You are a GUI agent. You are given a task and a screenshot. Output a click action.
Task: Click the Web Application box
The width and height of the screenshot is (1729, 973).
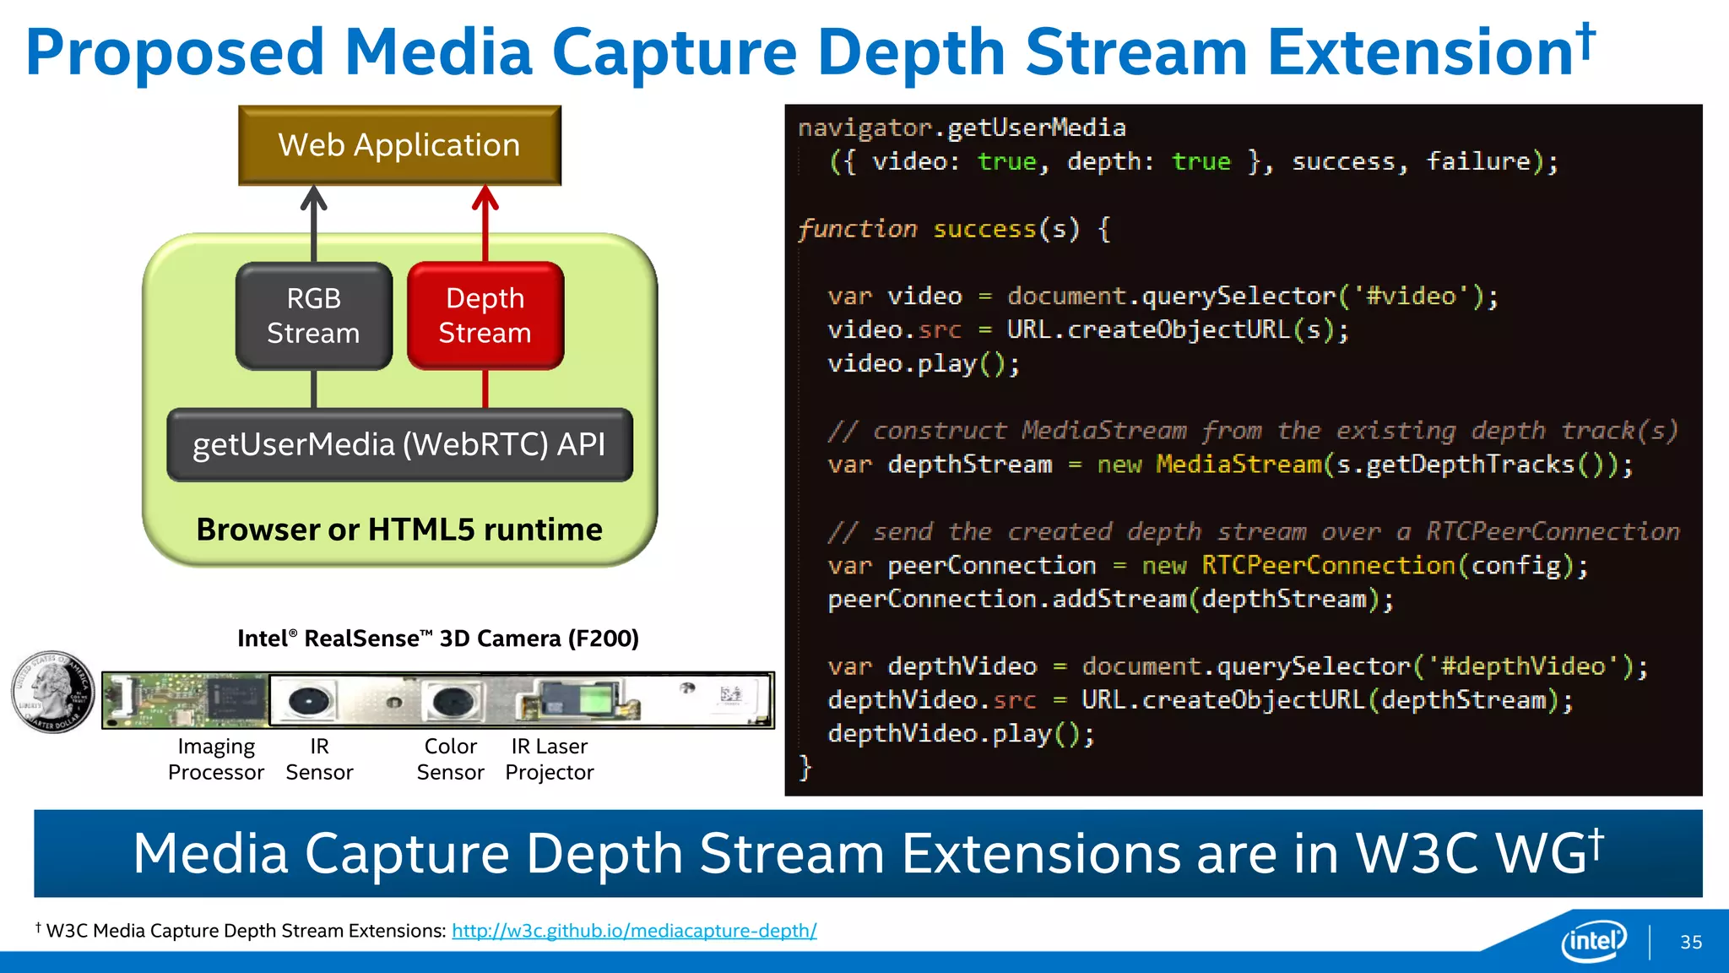399,145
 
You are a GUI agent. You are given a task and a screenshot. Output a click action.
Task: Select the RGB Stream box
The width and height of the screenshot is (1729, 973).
313,316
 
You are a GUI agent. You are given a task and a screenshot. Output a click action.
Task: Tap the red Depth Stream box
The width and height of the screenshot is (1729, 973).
485,316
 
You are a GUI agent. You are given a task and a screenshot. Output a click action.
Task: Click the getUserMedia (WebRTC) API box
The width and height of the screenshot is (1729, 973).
399,444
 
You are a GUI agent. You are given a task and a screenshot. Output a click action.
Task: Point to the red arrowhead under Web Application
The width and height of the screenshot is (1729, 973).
485,198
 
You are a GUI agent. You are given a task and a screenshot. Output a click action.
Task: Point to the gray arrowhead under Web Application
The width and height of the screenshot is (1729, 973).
314,198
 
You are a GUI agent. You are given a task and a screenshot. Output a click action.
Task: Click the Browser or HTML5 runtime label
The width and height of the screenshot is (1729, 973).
399,530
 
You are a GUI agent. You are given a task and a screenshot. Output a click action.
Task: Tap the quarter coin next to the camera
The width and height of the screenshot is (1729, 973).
53,691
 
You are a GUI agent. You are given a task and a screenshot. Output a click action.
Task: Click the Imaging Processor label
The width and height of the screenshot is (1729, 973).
216,759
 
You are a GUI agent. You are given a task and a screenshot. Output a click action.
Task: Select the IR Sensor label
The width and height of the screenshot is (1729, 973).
319,759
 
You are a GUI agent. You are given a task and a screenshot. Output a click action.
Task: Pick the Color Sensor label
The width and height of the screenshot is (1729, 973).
450,759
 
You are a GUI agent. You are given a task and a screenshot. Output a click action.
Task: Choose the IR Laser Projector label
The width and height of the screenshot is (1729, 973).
550,759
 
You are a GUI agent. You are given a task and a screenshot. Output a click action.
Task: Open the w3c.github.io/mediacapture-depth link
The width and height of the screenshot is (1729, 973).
634,931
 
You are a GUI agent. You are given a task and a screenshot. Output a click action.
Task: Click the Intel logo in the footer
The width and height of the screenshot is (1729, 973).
1594,940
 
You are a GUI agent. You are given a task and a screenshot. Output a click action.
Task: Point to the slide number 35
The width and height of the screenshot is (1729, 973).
1691,943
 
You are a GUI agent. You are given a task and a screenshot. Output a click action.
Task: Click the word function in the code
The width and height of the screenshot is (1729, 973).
858,229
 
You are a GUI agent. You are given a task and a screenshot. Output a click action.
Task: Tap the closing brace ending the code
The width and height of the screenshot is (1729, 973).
805,768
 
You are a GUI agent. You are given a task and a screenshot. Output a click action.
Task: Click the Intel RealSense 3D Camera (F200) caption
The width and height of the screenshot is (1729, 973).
437,639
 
